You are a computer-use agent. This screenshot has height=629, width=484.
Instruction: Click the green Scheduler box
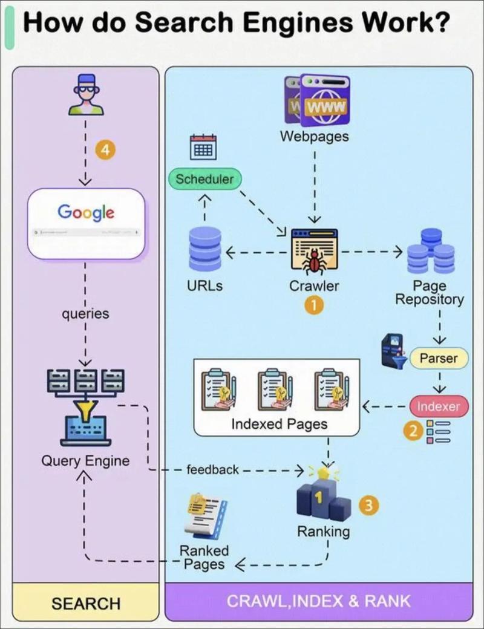click(x=204, y=179)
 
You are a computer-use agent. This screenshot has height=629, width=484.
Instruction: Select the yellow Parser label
click(x=439, y=358)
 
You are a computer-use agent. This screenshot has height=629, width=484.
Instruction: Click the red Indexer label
click(x=438, y=406)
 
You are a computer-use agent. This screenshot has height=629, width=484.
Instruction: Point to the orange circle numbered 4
click(x=105, y=151)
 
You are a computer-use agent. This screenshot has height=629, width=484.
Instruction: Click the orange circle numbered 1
click(x=313, y=306)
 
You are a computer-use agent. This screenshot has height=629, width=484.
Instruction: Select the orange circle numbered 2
click(x=414, y=432)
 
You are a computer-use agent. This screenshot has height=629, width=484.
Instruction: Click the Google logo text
click(x=86, y=212)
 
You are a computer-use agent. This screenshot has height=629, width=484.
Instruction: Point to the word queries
click(x=85, y=314)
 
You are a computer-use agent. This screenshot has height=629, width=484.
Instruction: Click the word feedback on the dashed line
click(x=212, y=469)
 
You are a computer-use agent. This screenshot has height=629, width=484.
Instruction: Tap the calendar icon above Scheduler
click(x=203, y=148)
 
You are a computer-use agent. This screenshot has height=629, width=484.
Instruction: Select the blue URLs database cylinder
click(x=205, y=249)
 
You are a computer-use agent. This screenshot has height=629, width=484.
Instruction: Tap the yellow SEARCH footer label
click(x=86, y=603)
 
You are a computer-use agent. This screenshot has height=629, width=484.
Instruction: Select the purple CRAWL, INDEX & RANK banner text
click(x=318, y=601)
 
